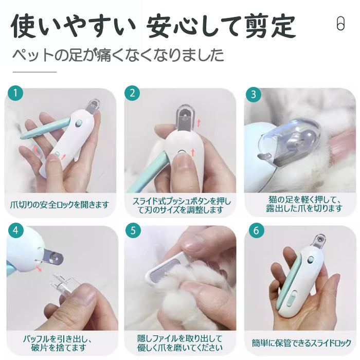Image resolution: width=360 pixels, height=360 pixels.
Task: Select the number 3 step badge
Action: pyautogui.click(x=254, y=95)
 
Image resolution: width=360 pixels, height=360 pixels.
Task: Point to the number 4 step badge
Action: pyautogui.click(x=16, y=230)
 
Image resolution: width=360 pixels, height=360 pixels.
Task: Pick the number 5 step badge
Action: pyautogui.click(x=133, y=230)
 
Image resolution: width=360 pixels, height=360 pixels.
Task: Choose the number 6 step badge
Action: pyautogui.click(x=256, y=230)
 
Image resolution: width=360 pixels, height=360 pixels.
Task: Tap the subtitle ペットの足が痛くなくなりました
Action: pyautogui.click(x=118, y=55)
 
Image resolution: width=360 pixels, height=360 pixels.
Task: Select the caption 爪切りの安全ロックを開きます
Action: pyautogui.click(x=60, y=204)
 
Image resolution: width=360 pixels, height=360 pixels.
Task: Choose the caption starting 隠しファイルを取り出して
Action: pyautogui.click(x=179, y=344)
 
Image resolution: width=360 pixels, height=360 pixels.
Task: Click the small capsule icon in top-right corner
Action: pyautogui.click(x=340, y=24)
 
